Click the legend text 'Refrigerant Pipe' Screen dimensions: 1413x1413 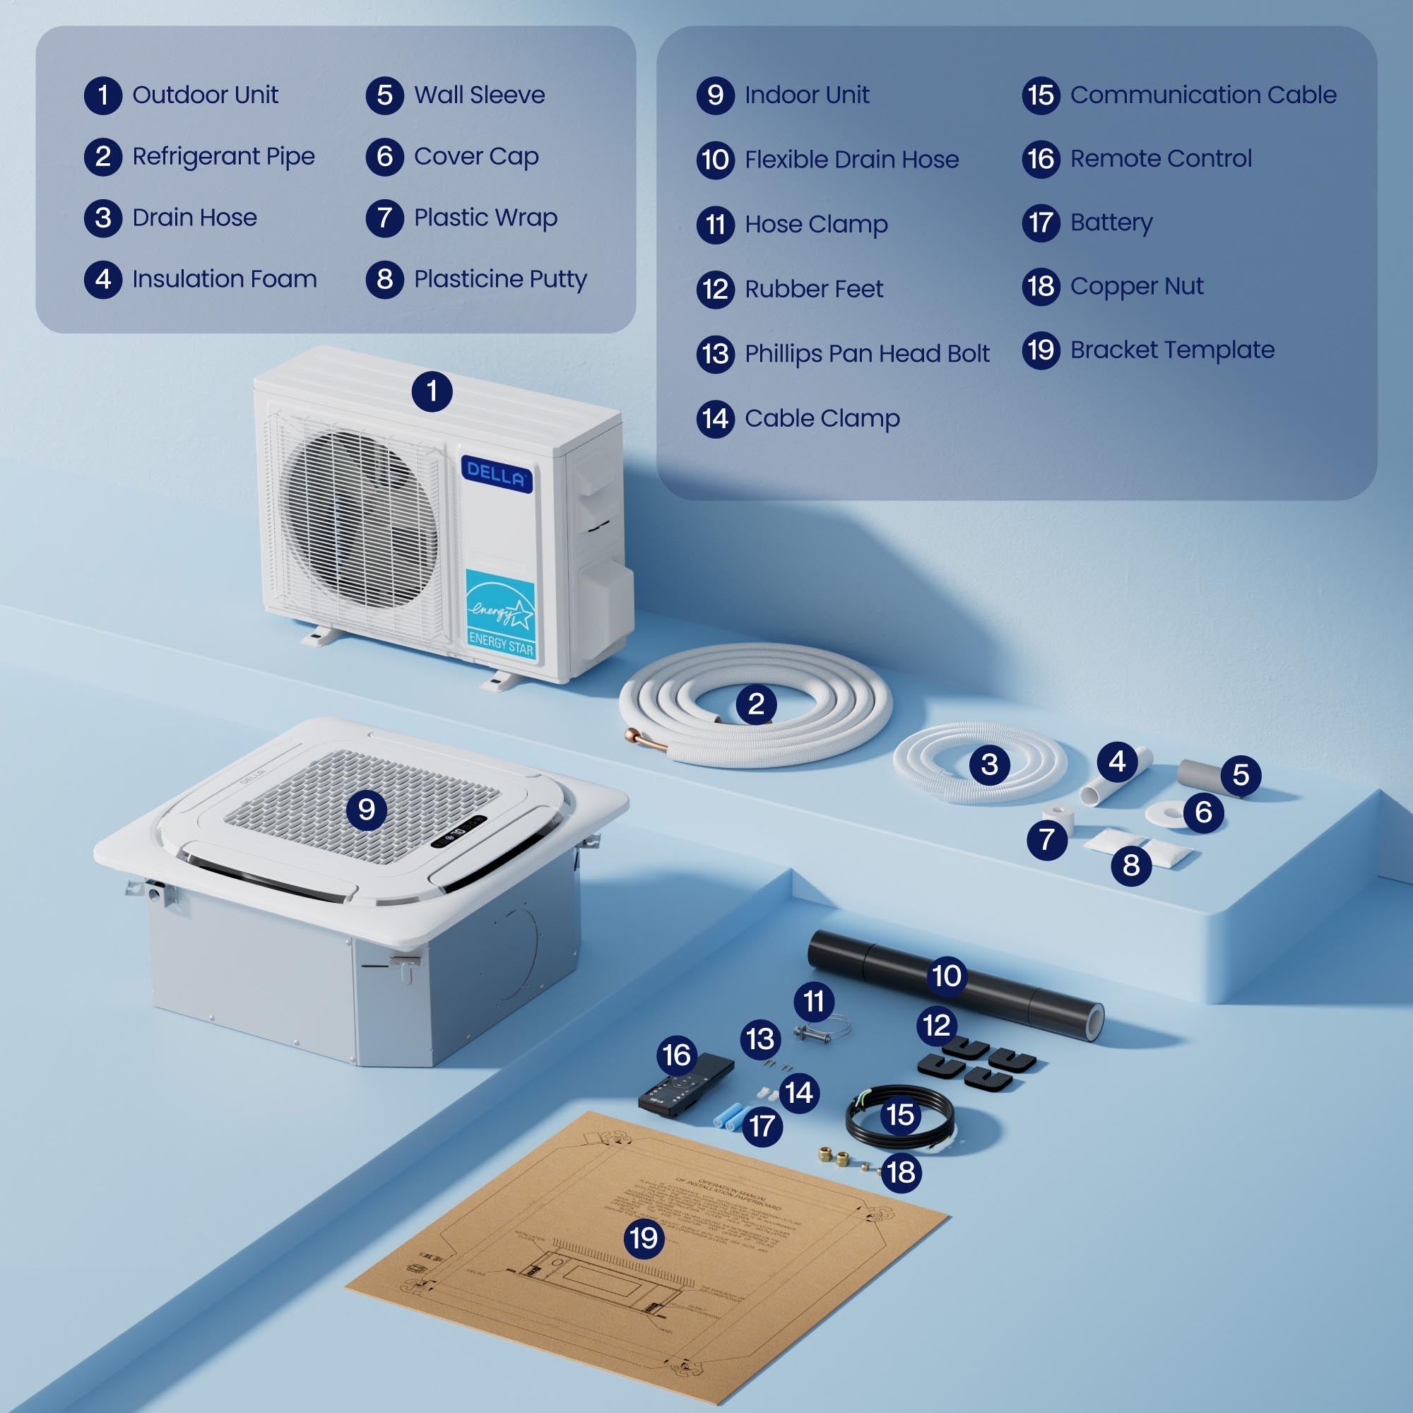pyautogui.click(x=223, y=157)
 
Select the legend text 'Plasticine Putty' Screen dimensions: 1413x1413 pyautogui.click(x=500, y=278)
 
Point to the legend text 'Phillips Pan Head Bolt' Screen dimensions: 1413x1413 pyautogui.click(x=867, y=354)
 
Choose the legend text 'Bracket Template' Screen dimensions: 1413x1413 pyautogui.click(x=1171, y=350)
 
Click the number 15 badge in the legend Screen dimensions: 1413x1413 pyautogui.click(x=1041, y=95)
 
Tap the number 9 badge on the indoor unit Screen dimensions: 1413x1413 pyautogui.click(x=367, y=810)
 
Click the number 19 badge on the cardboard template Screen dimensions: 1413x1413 pyautogui.click(x=644, y=1238)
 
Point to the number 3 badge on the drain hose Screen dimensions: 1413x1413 pyautogui.click(x=989, y=764)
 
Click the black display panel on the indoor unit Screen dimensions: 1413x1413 pyautogui.click(x=459, y=832)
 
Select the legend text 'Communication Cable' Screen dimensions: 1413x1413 pyautogui.click(x=1203, y=95)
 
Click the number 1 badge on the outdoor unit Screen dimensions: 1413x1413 pyautogui.click(x=432, y=391)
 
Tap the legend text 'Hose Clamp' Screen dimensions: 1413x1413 pyautogui.click(x=816, y=224)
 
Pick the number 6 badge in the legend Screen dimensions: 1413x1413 pyautogui.click(x=385, y=157)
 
